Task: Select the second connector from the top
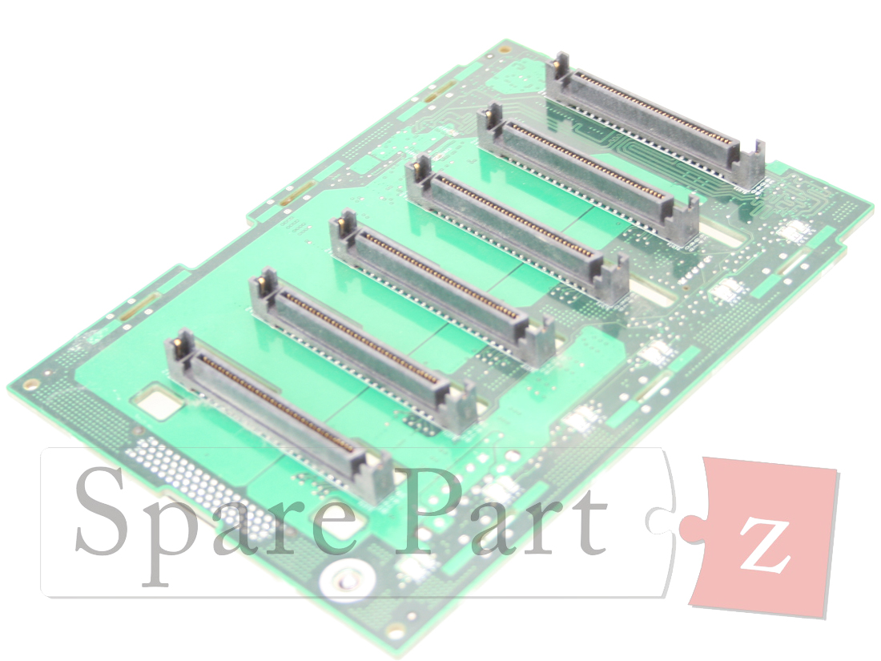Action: [x=587, y=172]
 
